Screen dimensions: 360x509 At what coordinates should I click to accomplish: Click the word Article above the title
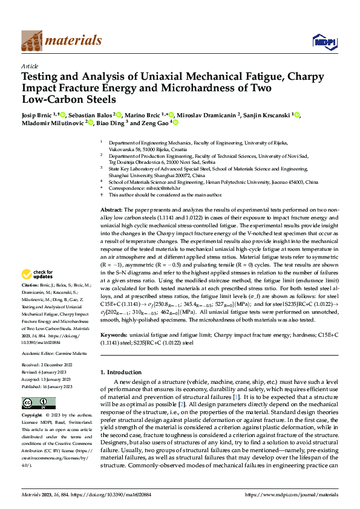[x=30, y=66]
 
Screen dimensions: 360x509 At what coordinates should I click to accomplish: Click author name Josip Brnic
[x=38, y=115]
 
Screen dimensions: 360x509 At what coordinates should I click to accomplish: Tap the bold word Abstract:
[x=113, y=209]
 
